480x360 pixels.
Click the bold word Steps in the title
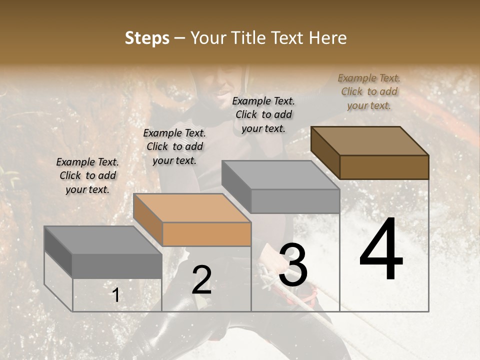pyautogui.click(x=146, y=38)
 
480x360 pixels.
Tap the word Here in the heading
pyautogui.click(x=327, y=38)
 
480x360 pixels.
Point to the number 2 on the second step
pyautogui.click(x=201, y=279)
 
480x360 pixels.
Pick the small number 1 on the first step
pyautogui.click(x=116, y=295)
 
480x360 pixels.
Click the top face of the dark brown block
pyautogui.click(x=370, y=140)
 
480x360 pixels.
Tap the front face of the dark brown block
pyautogui.click(x=384, y=167)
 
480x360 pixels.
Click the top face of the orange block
pyautogui.click(x=192, y=207)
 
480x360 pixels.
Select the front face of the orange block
pyautogui.click(x=206, y=234)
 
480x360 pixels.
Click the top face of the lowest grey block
pyautogui.click(x=103, y=240)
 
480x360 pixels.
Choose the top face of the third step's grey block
pyautogui.click(x=280, y=175)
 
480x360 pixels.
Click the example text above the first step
pyautogui.click(x=87, y=175)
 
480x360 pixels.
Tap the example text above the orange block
pyautogui.click(x=174, y=146)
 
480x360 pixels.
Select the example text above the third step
pyautogui.click(x=263, y=114)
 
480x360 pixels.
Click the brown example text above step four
pyautogui.click(x=369, y=91)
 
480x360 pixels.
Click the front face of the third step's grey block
pyautogui.click(x=295, y=201)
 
